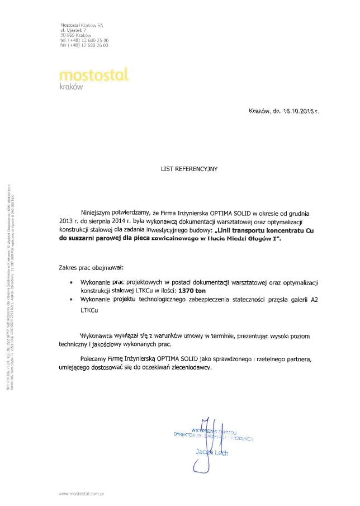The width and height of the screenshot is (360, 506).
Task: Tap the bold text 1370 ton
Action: point(193,291)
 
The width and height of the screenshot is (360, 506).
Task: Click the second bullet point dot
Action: point(70,300)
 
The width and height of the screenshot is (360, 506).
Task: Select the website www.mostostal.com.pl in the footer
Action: point(82,494)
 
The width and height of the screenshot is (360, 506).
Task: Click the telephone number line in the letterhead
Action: point(84,41)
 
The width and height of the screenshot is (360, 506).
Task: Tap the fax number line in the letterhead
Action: point(84,46)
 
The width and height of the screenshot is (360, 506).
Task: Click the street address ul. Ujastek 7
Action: point(73,31)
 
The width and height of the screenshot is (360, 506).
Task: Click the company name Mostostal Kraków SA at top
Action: point(82,26)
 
